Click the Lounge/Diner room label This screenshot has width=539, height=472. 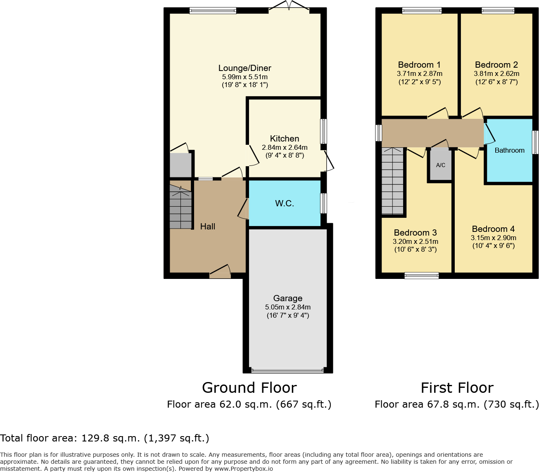pyautogui.click(x=245, y=68)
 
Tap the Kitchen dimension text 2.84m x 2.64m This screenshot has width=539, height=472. pyautogui.click(x=285, y=147)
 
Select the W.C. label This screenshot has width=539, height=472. pyautogui.click(x=285, y=203)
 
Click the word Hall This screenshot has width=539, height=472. pyautogui.click(x=208, y=227)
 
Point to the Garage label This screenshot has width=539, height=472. pyautogui.click(x=288, y=298)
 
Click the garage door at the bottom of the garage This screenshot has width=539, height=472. pyautogui.click(x=288, y=371)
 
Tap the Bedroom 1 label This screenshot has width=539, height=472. pyautogui.click(x=419, y=65)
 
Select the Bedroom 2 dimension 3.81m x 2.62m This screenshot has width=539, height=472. pyautogui.click(x=496, y=74)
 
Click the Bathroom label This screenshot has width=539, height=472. pyautogui.click(x=509, y=151)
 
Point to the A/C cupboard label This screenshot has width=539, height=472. pyautogui.click(x=441, y=165)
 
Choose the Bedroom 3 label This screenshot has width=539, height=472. pyautogui.click(x=415, y=233)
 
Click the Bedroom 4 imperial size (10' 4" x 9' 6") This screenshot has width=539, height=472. pyautogui.click(x=494, y=246)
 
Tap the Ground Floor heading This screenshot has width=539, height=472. pyautogui.click(x=249, y=388)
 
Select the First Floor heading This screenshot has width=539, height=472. pyautogui.click(x=457, y=388)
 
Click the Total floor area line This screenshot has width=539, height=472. pyautogui.click(x=105, y=438)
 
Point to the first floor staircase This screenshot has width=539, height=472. pyautogui.click(x=392, y=182)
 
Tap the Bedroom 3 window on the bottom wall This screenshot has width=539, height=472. pyautogui.click(x=422, y=276)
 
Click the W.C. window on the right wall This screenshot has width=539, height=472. pyautogui.click(x=324, y=203)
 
